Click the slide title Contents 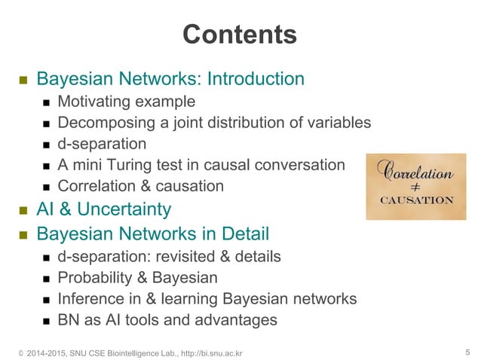tap(240, 34)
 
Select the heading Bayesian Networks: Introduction tap(170, 79)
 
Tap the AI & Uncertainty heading tap(104, 209)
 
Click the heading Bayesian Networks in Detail tap(153, 233)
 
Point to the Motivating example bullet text tap(126, 102)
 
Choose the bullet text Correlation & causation tap(140, 186)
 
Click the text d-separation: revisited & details tap(169, 257)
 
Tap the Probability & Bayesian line tap(137, 278)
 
